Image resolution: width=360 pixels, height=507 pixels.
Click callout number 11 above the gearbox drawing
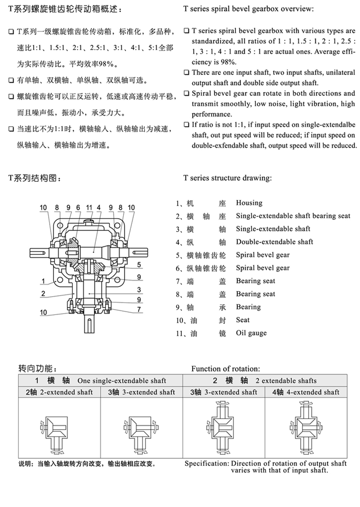pos(89,208)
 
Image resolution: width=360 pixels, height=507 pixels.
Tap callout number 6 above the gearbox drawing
pos(78,208)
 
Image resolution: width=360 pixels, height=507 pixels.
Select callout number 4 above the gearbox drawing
pos(99,208)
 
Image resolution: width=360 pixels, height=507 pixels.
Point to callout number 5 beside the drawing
pos(139,265)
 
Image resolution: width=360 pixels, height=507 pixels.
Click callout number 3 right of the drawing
pos(139,289)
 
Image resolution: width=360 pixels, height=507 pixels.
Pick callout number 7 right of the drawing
pos(139,309)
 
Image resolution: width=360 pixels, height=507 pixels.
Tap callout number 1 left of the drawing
pos(43,281)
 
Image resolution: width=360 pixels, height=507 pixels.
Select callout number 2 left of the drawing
pos(43,293)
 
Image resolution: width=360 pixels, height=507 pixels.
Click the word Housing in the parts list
pos(249,203)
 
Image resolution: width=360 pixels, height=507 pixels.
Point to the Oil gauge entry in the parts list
pos(251,333)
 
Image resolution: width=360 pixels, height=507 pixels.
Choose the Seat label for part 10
pos(243,320)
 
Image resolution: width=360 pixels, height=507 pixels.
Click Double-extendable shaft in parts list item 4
pos(274,242)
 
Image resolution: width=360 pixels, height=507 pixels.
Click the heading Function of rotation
pos(225,369)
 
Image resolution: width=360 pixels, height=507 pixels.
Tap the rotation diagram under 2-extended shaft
pos(58,427)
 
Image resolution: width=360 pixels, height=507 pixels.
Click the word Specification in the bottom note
pos(206,464)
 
